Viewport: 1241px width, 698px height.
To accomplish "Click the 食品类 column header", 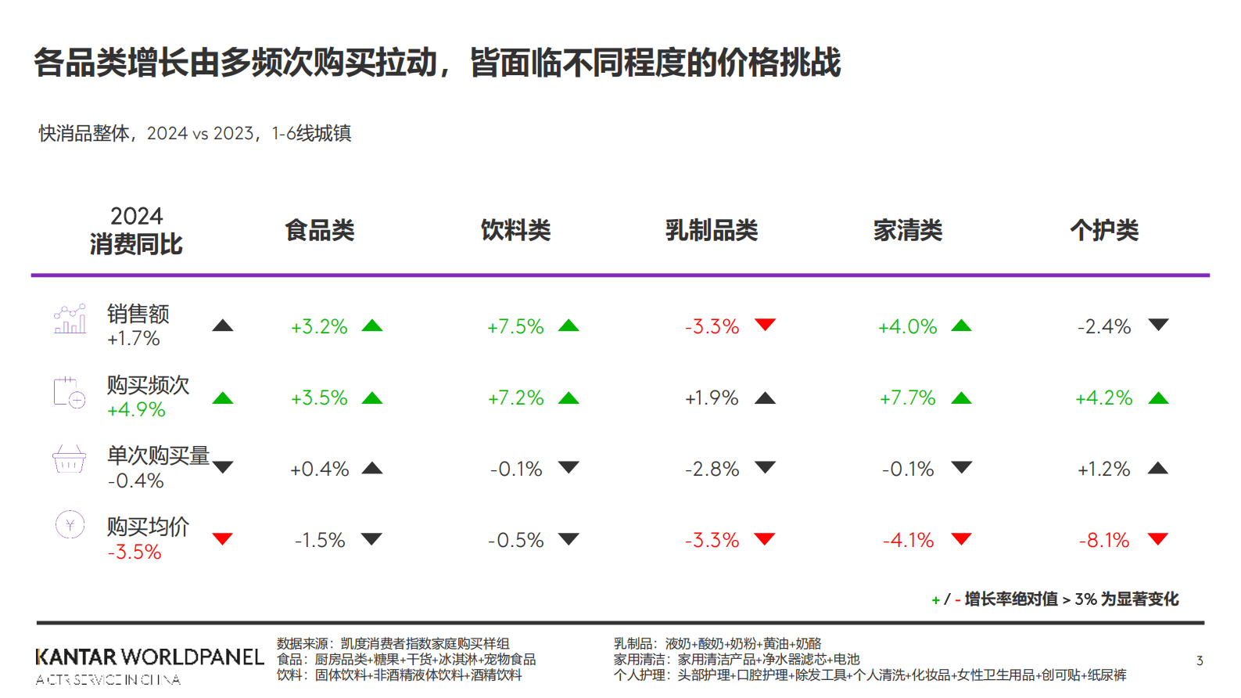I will click(319, 230).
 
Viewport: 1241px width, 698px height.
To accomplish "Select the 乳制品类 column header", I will click(711, 230).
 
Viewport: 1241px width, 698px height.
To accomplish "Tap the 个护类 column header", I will click(1103, 230).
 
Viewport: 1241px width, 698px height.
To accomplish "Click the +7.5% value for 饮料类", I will click(515, 326).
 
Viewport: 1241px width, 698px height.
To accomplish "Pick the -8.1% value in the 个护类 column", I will click(1103, 540).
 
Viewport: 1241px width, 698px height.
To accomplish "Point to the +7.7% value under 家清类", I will click(907, 398).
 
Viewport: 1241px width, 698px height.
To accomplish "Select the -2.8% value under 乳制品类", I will click(712, 469).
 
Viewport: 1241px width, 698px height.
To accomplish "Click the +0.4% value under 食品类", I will click(319, 469).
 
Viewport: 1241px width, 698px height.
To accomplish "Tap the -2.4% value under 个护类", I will click(1103, 326).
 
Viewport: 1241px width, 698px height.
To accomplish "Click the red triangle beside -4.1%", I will click(961, 538).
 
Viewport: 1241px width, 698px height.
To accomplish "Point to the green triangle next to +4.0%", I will click(961, 326).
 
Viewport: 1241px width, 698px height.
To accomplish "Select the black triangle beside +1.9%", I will click(765, 398).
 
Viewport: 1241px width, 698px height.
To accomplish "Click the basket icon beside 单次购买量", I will click(69, 459).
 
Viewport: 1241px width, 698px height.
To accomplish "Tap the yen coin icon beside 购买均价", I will click(70, 524).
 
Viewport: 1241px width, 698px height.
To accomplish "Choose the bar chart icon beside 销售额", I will click(70, 319).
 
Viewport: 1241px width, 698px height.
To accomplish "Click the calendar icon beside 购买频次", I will click(69, 392).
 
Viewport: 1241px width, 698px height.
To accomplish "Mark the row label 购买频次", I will click(148, 385).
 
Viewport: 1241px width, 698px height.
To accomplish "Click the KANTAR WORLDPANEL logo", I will click(149, 657).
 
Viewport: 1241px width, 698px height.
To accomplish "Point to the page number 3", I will click(1200, 661).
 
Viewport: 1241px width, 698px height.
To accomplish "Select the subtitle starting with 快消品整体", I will click(195, 133).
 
